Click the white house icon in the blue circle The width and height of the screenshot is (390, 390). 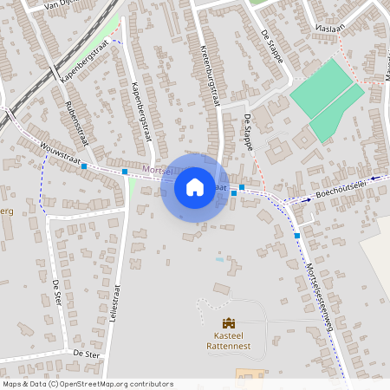click(195, 186)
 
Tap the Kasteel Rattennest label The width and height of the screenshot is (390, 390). click(229, 344)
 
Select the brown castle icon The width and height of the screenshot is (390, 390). click(229, 323)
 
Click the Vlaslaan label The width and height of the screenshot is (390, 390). click(330, 27)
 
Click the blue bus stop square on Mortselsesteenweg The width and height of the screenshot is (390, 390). click(297, 235)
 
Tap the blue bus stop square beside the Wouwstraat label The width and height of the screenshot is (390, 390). click(84, 166)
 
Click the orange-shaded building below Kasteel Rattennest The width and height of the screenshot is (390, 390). click(246, 374)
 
